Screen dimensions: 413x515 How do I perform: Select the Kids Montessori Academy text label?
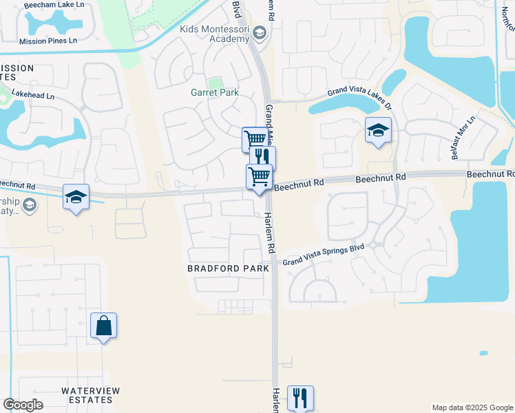(213, 34)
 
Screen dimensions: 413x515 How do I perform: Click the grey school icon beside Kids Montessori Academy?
(260, 32)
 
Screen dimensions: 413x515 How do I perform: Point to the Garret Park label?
(214, 92)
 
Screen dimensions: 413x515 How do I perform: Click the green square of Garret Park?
(216, 82)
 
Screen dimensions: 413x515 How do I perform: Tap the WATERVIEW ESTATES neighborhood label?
(91, 395)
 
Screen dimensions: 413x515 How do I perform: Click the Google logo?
(23, 405)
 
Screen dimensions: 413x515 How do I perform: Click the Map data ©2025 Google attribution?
(472, 407)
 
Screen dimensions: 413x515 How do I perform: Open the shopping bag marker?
(103, 326)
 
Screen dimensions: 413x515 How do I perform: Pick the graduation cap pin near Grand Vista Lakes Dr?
(378, 130)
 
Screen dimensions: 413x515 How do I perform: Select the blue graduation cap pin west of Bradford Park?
(76, 198)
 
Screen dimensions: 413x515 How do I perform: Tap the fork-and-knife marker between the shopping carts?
(262, 158)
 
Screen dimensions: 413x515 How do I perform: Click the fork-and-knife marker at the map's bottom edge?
(300, 397)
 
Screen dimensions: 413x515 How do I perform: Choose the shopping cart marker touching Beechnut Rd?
(259, 176)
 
